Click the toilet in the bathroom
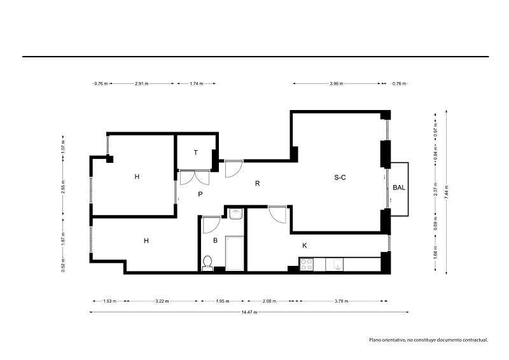tap(207, 263)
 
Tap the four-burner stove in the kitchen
tap(307, 264)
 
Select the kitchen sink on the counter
tap(335, 265)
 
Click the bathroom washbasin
tap(235, 214)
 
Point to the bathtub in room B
tap(235, 253)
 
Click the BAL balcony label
tap(399, 188)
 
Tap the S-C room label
tap(340, 177)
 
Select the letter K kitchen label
tap(305, 246)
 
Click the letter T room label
tap(196, 153)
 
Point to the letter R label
tap(258, 184)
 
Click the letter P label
tap(200, 195)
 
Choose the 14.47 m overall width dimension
tap(249, 312)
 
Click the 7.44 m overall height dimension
tap(447, 192)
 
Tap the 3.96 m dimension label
tap(337, 83)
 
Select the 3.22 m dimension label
tap(162, 301)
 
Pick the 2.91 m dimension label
tap(141, 83)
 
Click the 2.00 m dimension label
tap(269, 301)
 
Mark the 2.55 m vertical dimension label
tap(63, 186)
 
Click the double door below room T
tap(195, 177)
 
